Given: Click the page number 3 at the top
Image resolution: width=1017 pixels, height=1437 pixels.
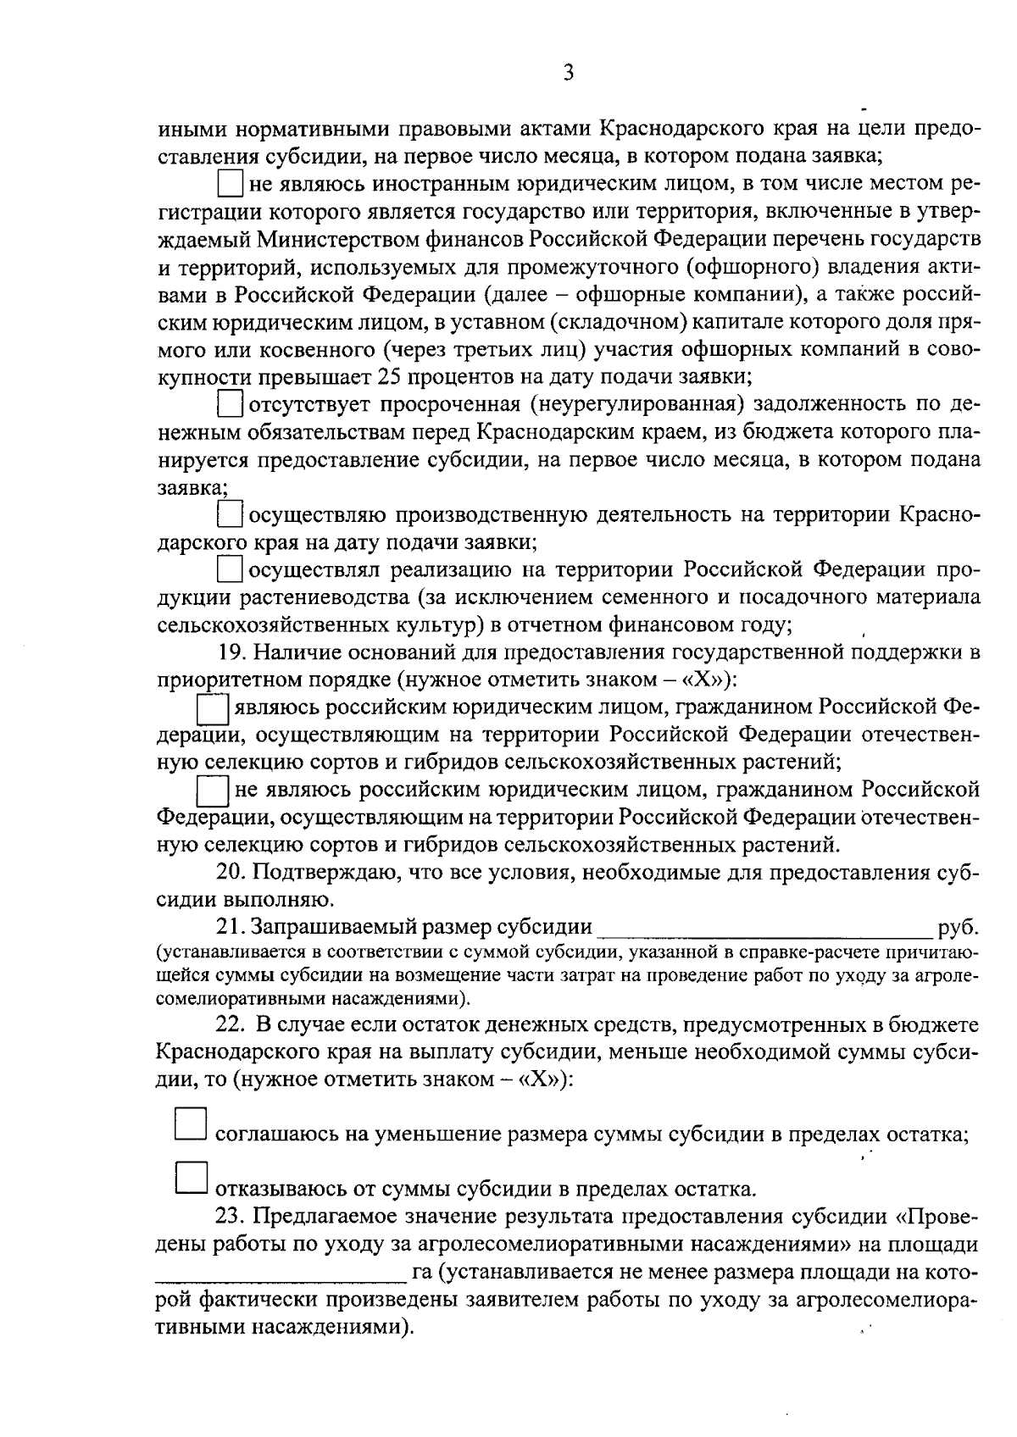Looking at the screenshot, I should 569,73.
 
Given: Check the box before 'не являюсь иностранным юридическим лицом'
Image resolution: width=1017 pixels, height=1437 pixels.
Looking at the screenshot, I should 230,184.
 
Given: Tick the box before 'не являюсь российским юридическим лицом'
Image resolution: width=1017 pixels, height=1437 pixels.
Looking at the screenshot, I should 212,791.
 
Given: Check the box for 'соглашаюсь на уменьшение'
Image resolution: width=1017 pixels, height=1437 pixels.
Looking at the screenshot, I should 190,1124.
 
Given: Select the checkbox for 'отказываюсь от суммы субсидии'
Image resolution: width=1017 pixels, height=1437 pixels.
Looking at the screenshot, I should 190,1178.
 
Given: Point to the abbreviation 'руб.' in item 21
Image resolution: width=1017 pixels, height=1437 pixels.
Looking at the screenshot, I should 959,928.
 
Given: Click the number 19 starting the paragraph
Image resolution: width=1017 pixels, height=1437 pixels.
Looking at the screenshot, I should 230,652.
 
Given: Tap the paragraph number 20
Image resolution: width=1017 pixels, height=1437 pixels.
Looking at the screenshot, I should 230,873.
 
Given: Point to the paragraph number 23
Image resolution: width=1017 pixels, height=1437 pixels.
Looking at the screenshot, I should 230,1217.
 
